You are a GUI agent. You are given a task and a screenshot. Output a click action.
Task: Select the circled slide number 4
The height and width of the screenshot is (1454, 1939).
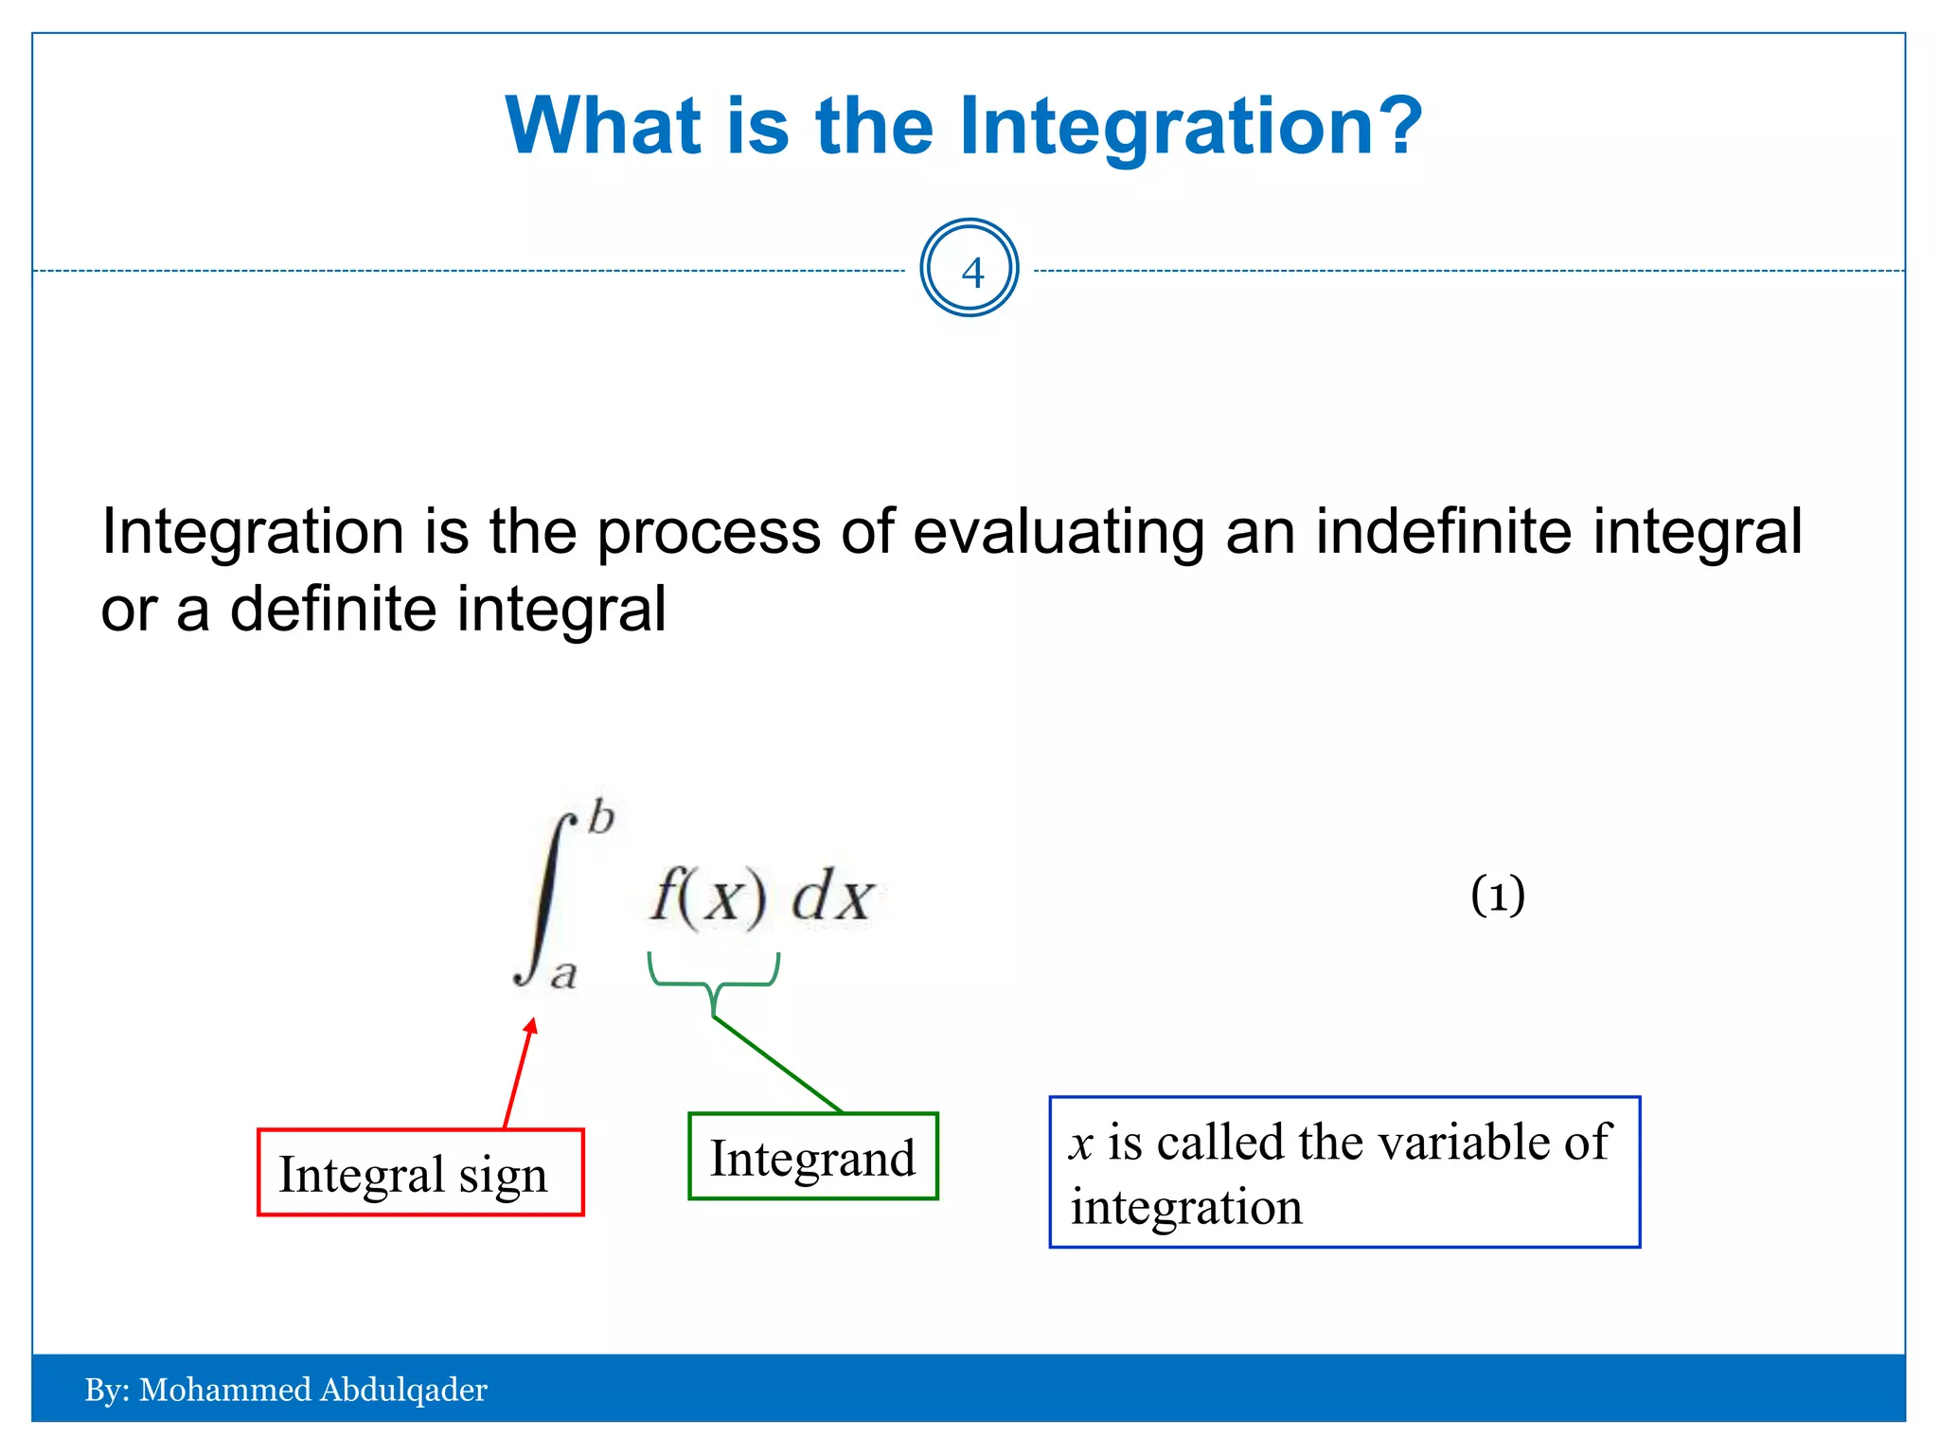[969, 269]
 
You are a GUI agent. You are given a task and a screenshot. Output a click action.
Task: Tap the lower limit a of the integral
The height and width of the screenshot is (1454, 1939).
[564, 974]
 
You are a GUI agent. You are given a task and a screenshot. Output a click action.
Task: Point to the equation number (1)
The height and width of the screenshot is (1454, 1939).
[1497, 895]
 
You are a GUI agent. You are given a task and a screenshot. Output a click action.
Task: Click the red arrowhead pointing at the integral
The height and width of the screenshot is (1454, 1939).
[532, 1026]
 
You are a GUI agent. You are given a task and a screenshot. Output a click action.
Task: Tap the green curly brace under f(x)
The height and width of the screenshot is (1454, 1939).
[714, 984]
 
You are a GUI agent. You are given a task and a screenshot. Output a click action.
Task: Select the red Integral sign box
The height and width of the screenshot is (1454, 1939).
[420, 1172]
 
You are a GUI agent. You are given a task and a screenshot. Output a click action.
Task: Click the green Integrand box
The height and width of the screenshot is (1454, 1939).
[812, 1157]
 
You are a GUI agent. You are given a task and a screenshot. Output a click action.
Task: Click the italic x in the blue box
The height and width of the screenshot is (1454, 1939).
[1081, 1144]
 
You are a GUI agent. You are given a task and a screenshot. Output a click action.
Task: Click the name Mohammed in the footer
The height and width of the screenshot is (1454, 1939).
[224, 1390]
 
